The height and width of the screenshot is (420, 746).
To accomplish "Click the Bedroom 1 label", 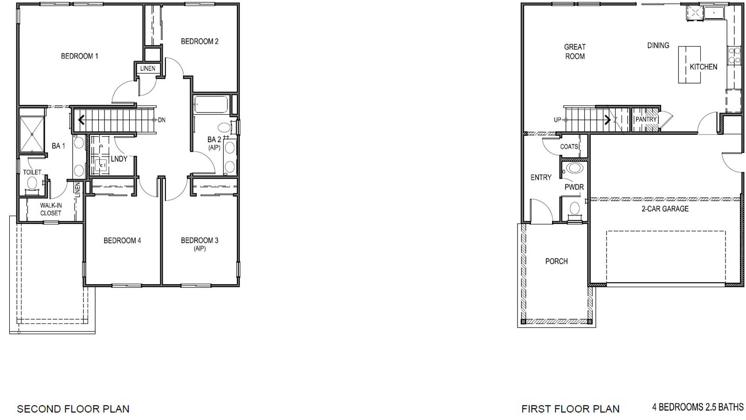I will (x=79, y=56).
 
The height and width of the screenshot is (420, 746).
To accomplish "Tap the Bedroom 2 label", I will (x=200, y=42).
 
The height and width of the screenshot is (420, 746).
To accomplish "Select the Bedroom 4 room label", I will (x=122, y=240).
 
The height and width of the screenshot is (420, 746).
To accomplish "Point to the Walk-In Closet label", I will (x=50, y=209).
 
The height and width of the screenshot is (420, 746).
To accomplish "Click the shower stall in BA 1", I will (x=32, y=134).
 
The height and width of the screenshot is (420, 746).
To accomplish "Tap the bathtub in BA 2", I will (x=211, y=105).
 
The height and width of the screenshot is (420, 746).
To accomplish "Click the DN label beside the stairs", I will (x=161, y=120).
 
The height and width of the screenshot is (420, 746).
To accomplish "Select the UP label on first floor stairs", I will (x=557, y=119).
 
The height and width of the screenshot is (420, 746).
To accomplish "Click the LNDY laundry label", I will (x=119, y=159).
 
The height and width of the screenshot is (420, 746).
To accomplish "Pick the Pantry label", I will (x=646, y=119).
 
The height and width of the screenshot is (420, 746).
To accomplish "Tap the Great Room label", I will (x=574, y=51).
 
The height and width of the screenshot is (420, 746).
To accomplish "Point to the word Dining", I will (x=658, y=45).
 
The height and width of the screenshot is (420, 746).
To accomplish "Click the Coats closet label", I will (x=569, y=147).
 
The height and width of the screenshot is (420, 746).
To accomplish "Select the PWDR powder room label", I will (x=574, y=187).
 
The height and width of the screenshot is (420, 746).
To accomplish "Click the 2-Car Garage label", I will (x=665, y=209).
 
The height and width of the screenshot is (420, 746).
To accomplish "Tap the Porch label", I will (x=556, y=261).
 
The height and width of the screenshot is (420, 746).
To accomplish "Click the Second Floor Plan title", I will (x=73, y=409).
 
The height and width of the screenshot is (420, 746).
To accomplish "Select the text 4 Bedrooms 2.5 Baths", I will (x=698, y=407).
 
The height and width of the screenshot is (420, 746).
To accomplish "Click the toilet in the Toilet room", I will (x=32, y=183).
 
